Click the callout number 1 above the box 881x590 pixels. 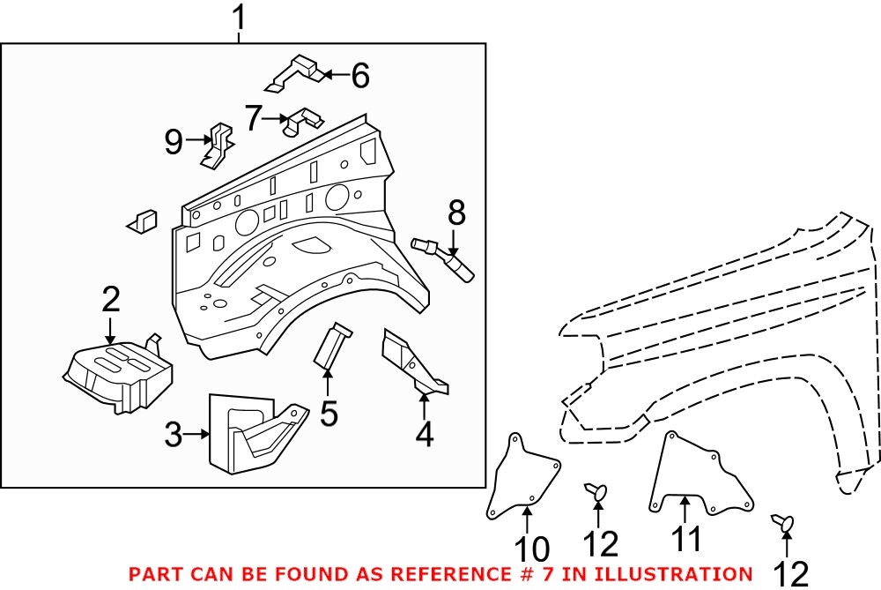pos(239,18)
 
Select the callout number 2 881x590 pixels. pos(110,301)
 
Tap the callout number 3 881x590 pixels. pos(174,434)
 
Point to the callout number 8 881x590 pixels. pos(456,213)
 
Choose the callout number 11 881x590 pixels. pos(686,538)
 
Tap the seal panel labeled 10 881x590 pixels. pos(522,477)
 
